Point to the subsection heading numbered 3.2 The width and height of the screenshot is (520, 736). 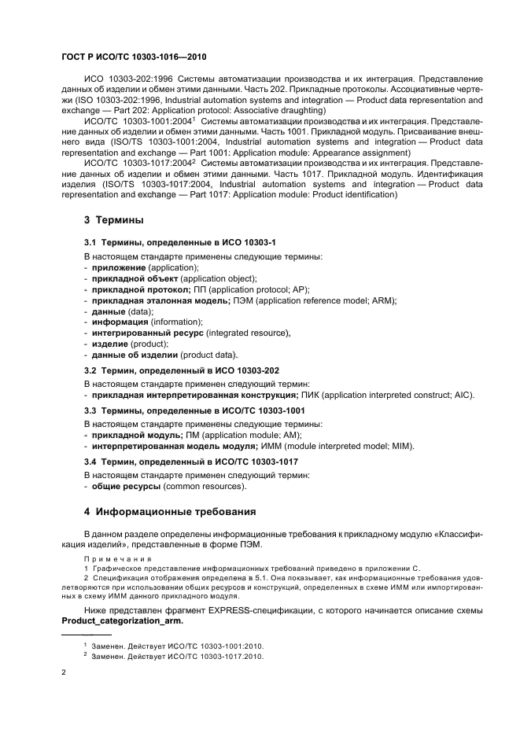coord(182,369)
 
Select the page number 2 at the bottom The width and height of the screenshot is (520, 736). coord(64,672)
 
